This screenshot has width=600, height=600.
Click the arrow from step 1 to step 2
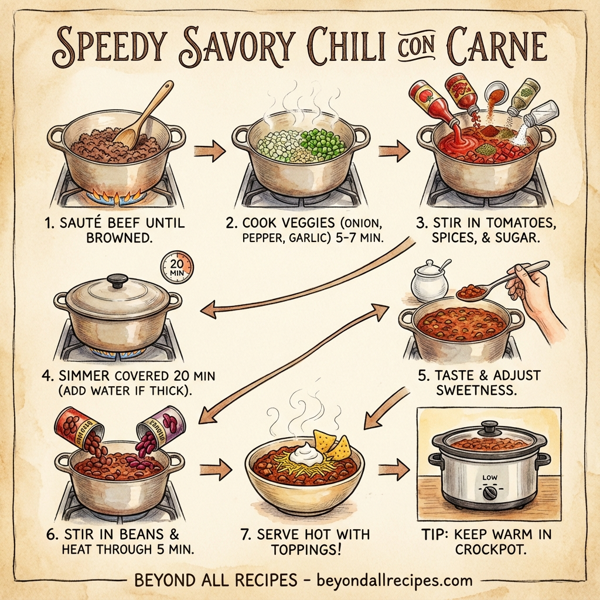pyautogui.click(x=207, y=152)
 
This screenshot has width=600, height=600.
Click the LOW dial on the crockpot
pyautogui.click(x=490, y=479)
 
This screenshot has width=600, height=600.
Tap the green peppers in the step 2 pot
pyautogui.click(x=322, y=140)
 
